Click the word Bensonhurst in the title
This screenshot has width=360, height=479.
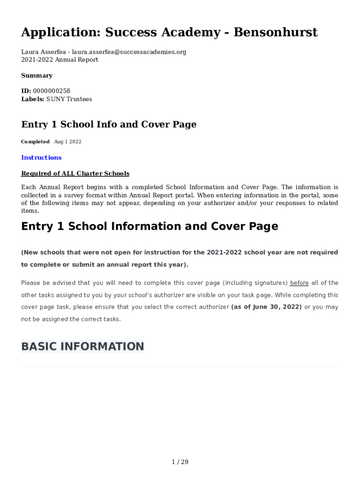(x=275, y=32)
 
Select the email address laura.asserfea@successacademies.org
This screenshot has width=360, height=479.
(x=129, y=52)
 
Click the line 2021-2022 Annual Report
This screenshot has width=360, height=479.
(x=59, y=60)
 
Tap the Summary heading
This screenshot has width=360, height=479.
(x=36, y=76)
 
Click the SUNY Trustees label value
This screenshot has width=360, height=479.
(x=69, y=99)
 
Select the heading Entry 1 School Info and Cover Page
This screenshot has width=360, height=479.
(x=108, y=124)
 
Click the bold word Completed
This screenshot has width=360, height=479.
(x=35, y=142)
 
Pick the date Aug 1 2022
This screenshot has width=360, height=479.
(x=68, y=142)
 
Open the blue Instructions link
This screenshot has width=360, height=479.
(x=41, y=158)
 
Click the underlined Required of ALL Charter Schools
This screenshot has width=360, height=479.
(x=75, y=174)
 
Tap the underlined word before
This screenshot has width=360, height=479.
(x=299, y=283)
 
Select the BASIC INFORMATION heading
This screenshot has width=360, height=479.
(x=82, y=347)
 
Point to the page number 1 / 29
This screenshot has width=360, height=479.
(x=180, y=462)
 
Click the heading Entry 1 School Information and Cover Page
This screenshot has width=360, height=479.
(x=150, y=226)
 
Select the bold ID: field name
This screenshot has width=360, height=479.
(x=26, y=91)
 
